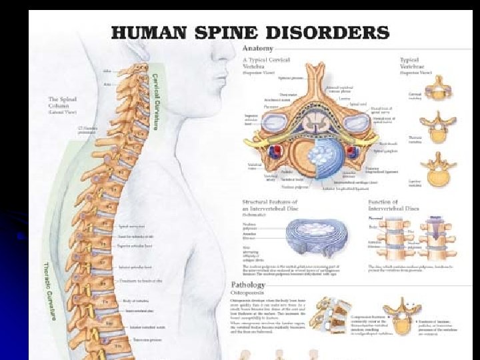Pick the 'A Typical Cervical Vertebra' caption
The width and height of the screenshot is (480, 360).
[x=266, y=62]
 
